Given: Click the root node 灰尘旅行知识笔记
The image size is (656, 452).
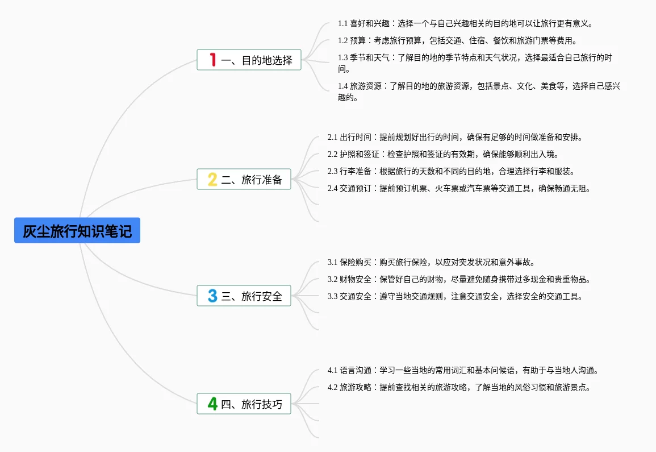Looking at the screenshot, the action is click(x=77, y=230).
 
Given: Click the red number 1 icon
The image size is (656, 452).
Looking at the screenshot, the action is click(x=213, y=60).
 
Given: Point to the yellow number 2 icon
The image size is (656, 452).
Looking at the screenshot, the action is click(x=212, y=180).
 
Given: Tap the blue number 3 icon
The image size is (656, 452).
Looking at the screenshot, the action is click(x=212, y=296).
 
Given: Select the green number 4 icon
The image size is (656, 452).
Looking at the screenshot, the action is click(x=212, y=404).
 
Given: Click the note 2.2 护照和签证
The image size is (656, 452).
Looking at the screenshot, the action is click(x=443, y=154).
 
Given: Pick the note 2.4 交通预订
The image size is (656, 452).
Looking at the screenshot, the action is click(x=459, y=188).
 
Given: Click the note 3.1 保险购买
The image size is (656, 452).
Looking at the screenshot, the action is click(x=432, y=262).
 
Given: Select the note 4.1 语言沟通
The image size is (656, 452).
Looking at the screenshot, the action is click(x=463, y=370).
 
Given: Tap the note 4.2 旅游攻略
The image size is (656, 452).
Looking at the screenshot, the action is click(x=459, y=387).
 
